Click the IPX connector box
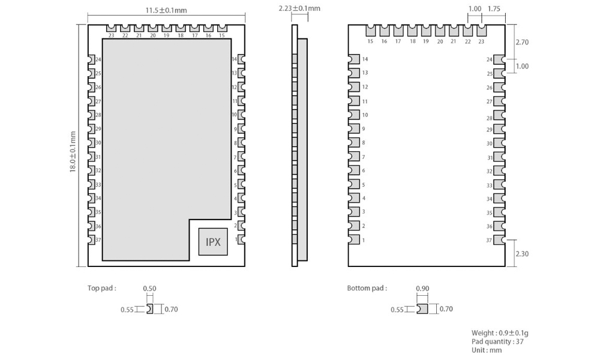coord(213,242)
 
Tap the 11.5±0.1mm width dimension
coord(166,10)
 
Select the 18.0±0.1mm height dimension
coord(73,152)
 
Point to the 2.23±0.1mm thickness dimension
coord(299,8)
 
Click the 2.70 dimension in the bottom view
coord(522,42)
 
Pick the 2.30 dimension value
coord(522,254)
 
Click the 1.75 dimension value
coord(494,9)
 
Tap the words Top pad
coord(101,288)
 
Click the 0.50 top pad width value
coord(149,289)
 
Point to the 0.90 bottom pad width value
coord(422,289)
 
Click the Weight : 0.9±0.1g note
coord(500,333)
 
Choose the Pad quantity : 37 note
coord(497,341)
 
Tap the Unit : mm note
coord(487,350)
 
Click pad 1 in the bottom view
coord(354,240)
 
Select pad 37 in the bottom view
coord(499,240)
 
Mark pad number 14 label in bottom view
coord(365,59)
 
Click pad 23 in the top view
coord(111,28)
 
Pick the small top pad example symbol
coord(149,309)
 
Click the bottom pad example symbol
coord(422,309)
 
